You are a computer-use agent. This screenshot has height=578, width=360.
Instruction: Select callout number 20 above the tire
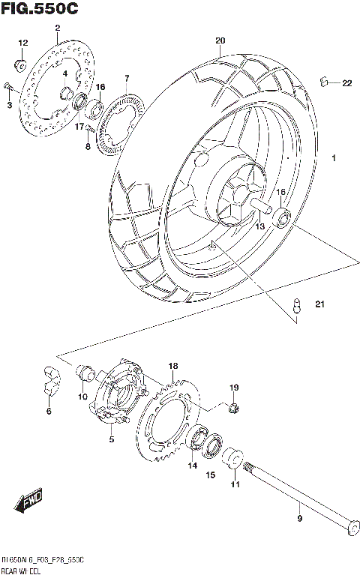pos(220,40)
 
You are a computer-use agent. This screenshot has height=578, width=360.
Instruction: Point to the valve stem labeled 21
pos(296,304)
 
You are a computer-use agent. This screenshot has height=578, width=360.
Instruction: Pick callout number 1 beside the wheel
pos(334,158)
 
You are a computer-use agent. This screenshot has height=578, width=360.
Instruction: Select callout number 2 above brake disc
pos(57,28)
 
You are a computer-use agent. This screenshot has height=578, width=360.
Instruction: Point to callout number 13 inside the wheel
pos(259,225)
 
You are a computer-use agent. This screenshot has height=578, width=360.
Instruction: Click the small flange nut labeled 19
pos(233,407)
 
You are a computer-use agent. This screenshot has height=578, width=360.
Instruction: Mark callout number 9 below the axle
pos(300,517)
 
